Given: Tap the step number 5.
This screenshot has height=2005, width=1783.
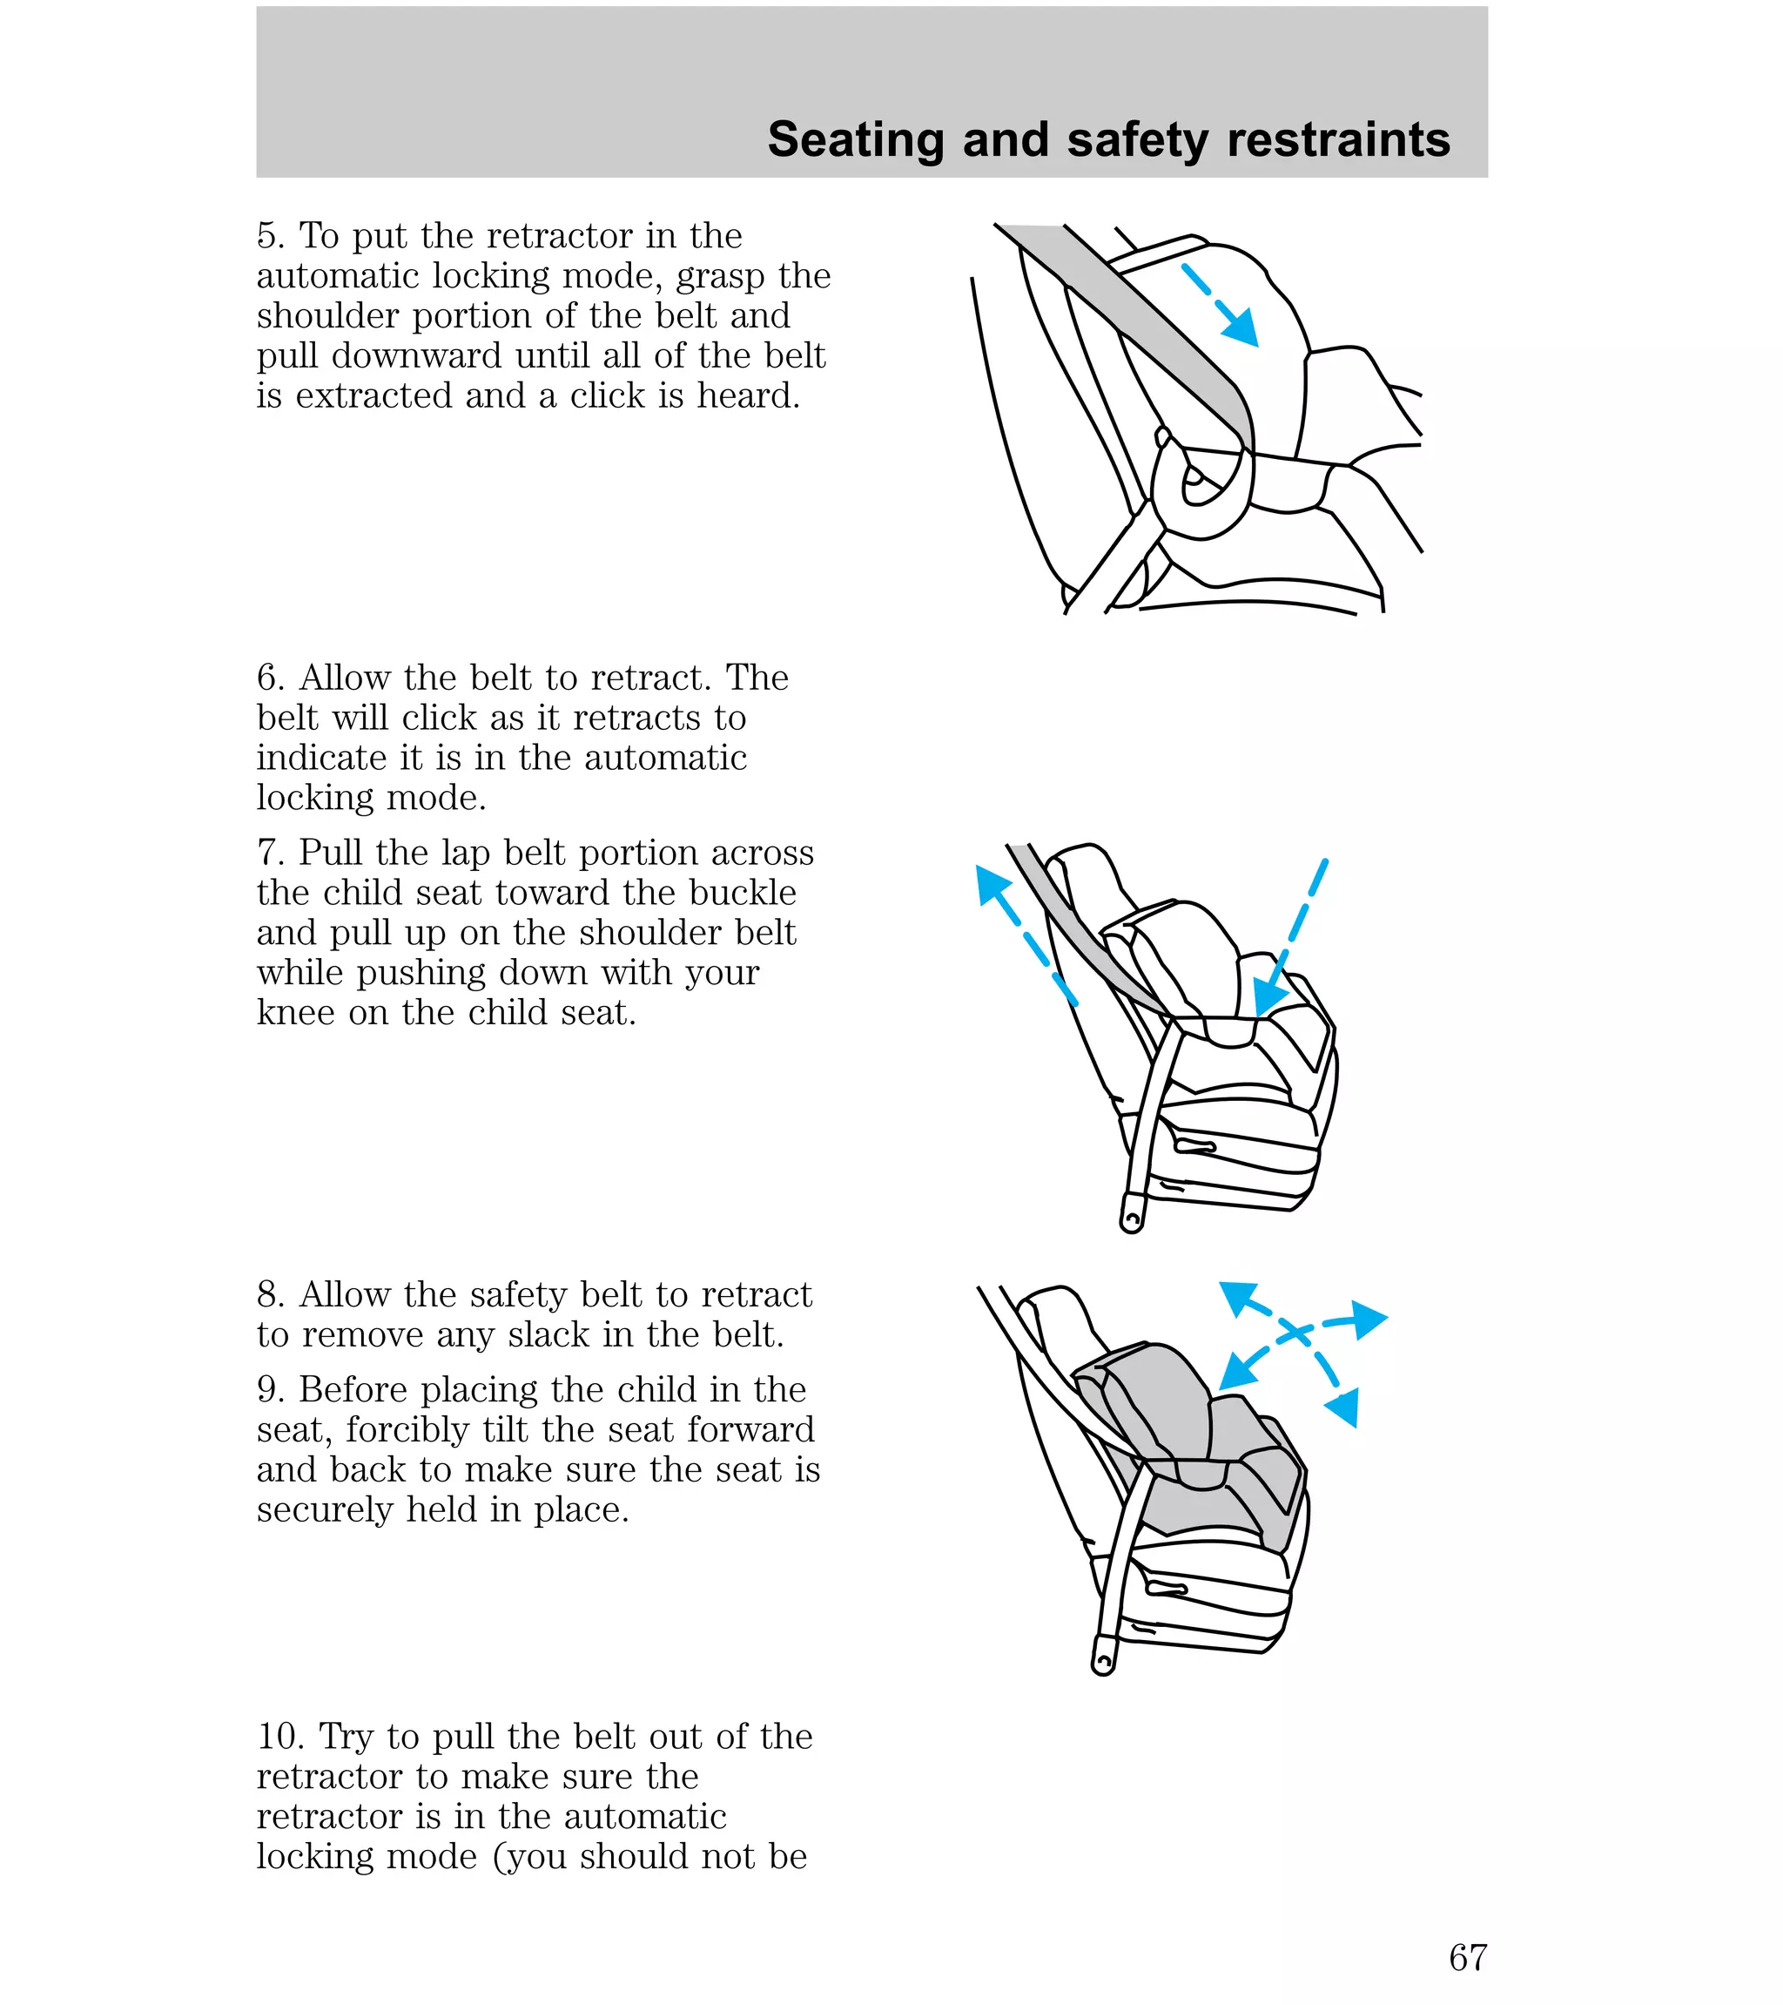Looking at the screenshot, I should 270,236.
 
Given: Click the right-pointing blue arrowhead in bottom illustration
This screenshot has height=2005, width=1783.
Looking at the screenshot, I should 1367,1320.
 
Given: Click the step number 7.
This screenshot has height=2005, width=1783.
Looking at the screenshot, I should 270,854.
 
